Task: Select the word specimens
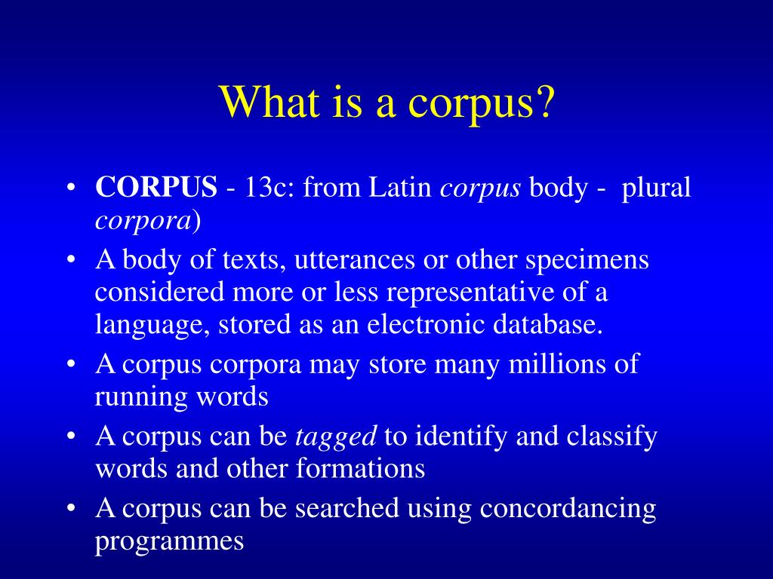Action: point(587,260)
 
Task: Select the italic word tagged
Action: point(335,437)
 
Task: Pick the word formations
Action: point(361,468)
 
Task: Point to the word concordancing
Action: point(568,509)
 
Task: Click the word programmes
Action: point(170,541)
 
